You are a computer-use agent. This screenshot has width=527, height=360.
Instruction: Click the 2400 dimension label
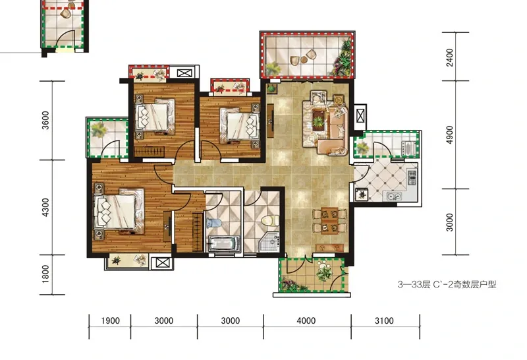pos(450,57)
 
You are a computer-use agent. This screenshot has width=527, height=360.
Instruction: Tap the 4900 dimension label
pos(450,135)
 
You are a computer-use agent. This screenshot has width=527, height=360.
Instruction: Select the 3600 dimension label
pos(45,121)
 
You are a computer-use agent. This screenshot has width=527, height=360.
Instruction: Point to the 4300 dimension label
pos(45,207)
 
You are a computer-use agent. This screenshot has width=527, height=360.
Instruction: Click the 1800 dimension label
pos(45,274)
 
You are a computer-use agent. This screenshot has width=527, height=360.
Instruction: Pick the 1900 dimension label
pos(110,320)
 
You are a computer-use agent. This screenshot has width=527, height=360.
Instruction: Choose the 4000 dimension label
pos(306,320)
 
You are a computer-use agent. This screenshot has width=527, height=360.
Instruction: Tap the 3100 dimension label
pos(384,320)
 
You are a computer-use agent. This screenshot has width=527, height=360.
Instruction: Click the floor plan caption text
pos(447,285)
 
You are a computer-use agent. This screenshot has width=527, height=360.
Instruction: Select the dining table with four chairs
pos(329,221)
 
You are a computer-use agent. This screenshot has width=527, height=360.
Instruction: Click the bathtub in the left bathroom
pos(223,243)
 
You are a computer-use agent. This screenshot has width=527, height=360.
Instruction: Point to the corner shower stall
pos(269,241)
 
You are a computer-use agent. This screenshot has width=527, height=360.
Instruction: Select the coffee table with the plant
pos(318,120)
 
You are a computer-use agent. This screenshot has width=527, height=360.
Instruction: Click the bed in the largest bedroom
pos(119,211)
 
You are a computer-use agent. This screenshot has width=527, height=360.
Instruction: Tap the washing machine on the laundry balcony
pos(407,148)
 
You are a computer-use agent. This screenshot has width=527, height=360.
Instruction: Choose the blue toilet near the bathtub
pos(214,223)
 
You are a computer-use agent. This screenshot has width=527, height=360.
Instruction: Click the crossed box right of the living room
pos(360,115)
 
